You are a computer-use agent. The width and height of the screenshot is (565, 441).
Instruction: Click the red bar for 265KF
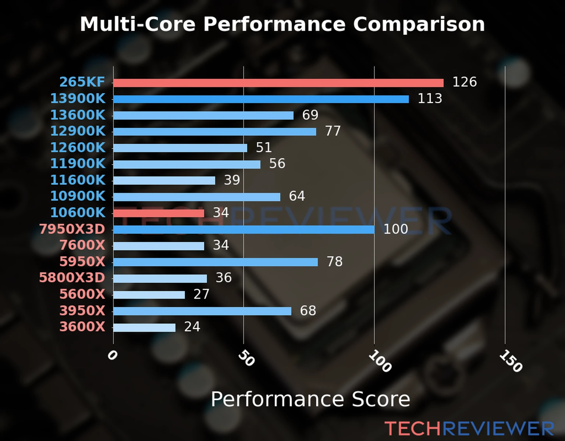point(278,83)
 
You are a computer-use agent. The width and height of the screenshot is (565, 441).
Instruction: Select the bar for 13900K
point(261,99)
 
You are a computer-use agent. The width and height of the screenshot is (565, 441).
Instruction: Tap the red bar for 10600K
point(159,213)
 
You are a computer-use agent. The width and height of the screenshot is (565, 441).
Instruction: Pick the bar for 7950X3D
point(244,230)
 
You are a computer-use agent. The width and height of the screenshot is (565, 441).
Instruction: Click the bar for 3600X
point(144,327)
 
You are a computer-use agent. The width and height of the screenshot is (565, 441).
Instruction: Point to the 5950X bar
point(215,262)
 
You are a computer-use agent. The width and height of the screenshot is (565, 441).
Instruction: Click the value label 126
point(464,82)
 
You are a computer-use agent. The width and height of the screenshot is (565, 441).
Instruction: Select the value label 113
point(430,98)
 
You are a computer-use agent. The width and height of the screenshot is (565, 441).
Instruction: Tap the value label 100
point(395,229)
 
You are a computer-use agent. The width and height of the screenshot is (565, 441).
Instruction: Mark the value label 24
point(192,327)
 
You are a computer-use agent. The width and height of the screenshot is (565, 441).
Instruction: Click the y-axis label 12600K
point(78,147)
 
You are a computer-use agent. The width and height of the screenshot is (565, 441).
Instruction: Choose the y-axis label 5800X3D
point(72,277)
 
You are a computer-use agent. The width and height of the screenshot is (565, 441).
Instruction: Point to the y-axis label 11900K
point(78,164)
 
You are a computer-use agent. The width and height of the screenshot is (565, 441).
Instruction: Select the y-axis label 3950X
point(82,311)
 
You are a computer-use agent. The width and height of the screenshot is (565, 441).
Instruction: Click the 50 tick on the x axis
point(246,358)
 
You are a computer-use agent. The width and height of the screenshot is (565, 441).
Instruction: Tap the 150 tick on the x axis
point(511,361)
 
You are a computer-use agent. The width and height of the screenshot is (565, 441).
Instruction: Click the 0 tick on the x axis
point(112,355)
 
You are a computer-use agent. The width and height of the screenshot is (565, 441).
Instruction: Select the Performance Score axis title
point(310,399)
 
